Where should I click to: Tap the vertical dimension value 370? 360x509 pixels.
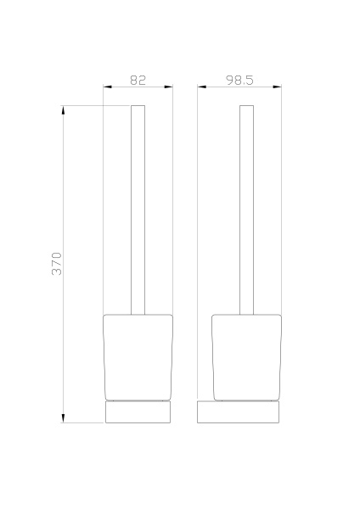click(57, 264)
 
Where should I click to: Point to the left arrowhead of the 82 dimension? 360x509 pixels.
click(107, 87)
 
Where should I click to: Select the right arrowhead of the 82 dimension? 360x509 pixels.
click(169, 87)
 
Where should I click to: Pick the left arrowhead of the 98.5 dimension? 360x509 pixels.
click(201, 87)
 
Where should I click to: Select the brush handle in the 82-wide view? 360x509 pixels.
click(138, 212)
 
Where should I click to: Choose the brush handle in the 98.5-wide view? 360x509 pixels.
click(247, 212)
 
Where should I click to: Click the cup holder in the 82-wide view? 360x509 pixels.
click(138, 356)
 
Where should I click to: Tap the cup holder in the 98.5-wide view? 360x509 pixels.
click(246, 356)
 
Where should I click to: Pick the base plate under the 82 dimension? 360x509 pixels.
click(138, 412)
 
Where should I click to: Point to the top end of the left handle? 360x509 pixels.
click(138, 107)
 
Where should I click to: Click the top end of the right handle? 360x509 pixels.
click(247, 107)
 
